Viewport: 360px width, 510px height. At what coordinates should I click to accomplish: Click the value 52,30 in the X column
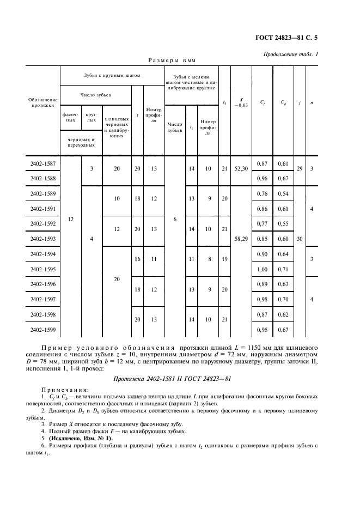click(x=241, y=169)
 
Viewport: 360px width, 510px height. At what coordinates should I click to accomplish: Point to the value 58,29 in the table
click(x=241, y=239)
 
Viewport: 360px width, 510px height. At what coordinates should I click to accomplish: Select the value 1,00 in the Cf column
click(x=263, y=269)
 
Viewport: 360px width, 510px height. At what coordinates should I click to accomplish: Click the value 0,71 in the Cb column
click(x=283, y=269)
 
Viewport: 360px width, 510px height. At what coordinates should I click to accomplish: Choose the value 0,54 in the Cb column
click(x=283, y=193)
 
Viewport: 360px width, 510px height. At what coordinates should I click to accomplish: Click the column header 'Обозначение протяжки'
click(x=42, y=102)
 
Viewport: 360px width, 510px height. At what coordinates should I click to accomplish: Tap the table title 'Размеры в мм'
click(x=172, y=60)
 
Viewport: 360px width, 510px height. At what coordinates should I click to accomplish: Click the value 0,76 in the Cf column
click(x=263, y=193)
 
